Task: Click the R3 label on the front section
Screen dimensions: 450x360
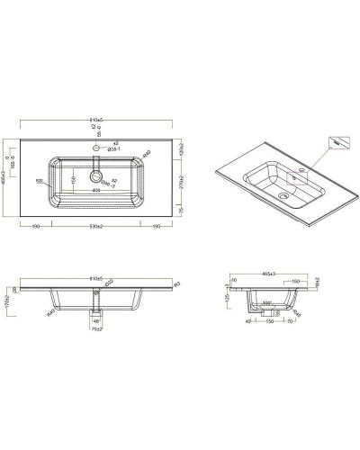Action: click(177, 284)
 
